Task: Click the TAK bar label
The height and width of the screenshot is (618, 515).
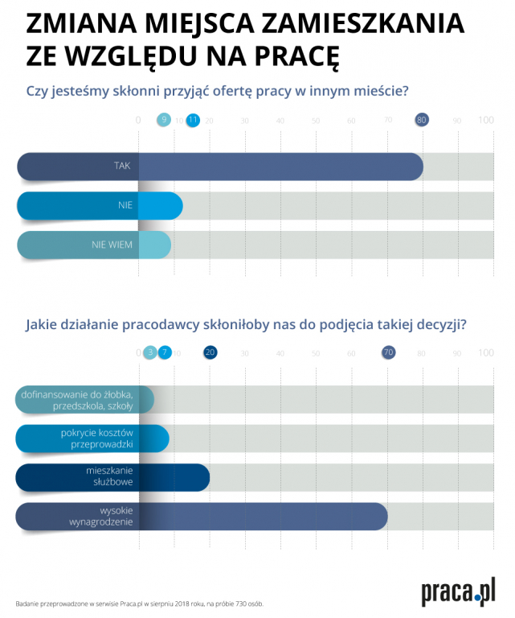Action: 122,166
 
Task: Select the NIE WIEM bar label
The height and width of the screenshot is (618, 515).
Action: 112,245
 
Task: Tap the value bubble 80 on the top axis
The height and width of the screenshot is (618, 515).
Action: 422,120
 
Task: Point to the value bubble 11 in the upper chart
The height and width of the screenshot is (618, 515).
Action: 193,120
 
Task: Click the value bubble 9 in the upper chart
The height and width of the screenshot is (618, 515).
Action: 164,120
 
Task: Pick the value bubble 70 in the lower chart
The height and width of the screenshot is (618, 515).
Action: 389,352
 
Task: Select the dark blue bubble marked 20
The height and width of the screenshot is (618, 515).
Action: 210,352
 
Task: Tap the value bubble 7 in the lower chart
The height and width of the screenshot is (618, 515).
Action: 165,352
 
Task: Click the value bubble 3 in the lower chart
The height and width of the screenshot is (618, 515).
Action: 150,352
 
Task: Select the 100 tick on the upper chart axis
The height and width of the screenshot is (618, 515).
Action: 486,121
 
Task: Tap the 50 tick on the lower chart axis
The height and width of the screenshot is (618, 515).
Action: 316,353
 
